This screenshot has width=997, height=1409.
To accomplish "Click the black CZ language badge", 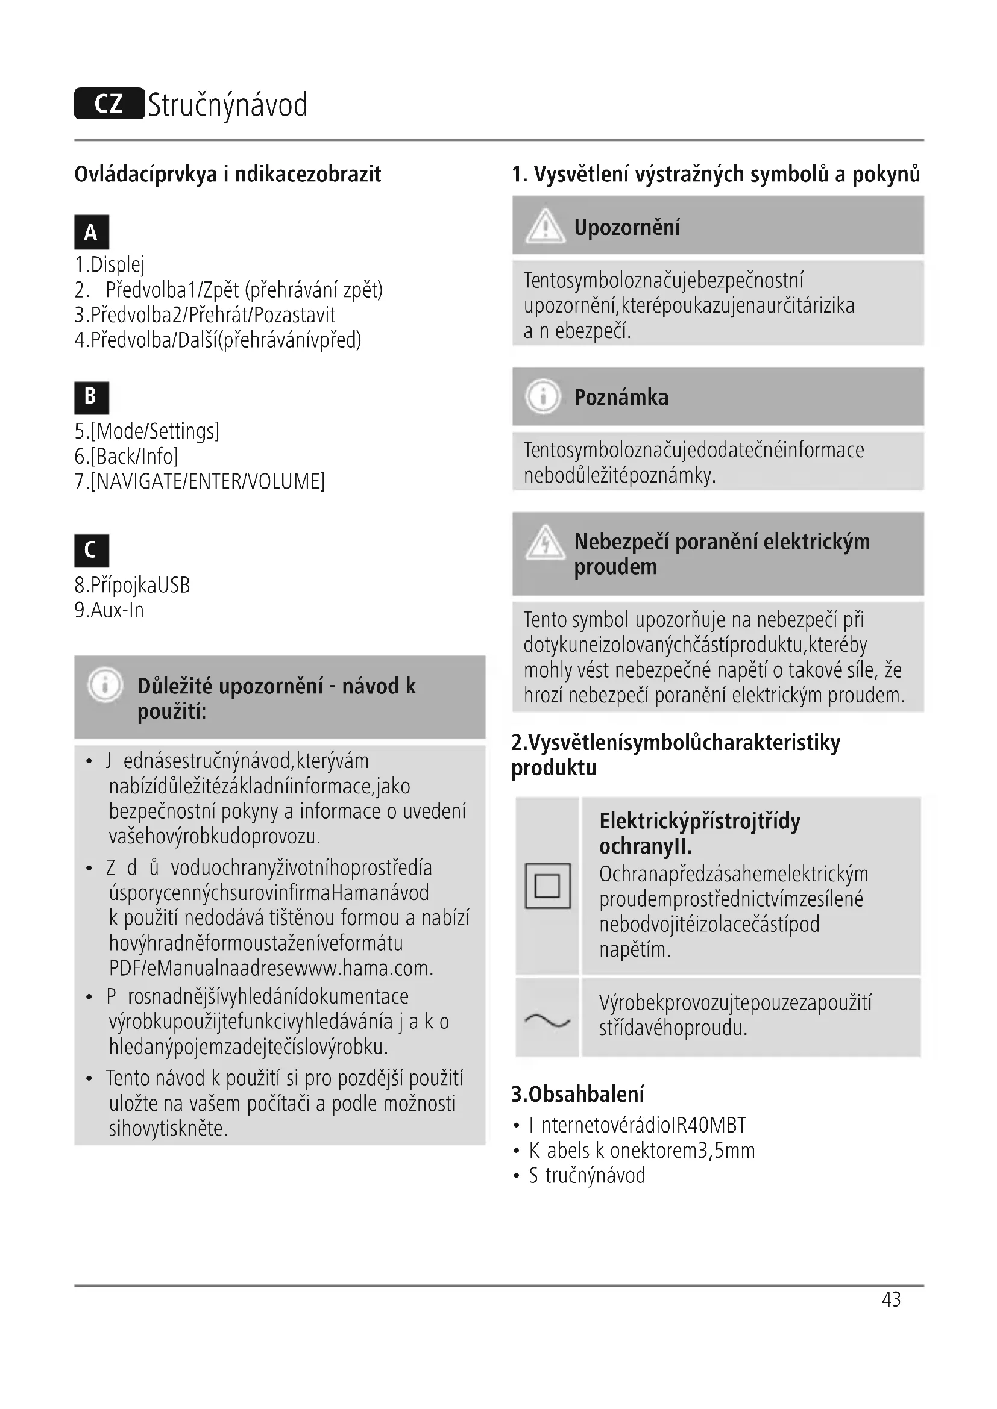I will coord(109,104).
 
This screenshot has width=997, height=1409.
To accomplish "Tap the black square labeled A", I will coord(92,232).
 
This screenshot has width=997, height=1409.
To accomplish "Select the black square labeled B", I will coord(92,397).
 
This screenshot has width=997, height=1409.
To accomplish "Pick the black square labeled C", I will coord(92,550).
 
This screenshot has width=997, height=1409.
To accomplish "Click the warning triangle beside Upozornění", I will coord(544,226).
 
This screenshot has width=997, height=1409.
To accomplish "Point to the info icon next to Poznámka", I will coord(543,396).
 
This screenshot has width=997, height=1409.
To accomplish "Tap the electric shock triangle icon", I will coord(544,544).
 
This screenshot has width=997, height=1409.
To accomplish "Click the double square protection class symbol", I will coord(547,886).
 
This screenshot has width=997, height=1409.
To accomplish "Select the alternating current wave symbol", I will coord(547,1020).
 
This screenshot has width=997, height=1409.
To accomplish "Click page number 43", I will coord(891,1299).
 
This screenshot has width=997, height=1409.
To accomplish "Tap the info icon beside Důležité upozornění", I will coord(105,685).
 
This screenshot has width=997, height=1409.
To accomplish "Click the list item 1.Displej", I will coord(110,264).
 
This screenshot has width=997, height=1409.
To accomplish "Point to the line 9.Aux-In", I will coord(109,610).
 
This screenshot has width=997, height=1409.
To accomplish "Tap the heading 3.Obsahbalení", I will coord(577,1093).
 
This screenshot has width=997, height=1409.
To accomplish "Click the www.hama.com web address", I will coord(371,969).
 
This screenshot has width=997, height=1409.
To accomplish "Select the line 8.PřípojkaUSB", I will coord(132,585).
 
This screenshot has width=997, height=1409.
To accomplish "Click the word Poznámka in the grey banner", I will coord(621,397).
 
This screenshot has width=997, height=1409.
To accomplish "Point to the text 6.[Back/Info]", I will coord(127,456).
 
